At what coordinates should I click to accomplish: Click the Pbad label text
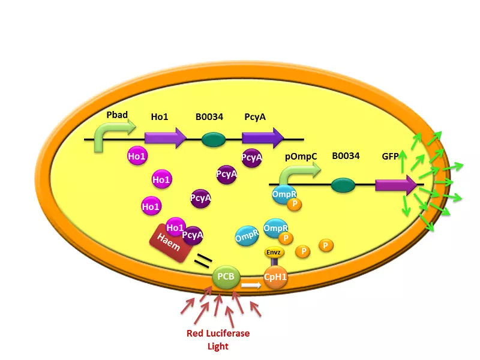coord(118,115)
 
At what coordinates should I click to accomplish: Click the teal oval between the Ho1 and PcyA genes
coord(213,139)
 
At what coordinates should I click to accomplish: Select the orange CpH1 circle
coord(276,278)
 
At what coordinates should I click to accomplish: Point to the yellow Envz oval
coord(274,253)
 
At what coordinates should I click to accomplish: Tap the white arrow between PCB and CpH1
coord(251,285)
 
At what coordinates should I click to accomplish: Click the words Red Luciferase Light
coord(218,340)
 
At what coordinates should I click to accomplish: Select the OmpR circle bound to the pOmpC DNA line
coord(284,194)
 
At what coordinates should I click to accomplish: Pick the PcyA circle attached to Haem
coord(193,235)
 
